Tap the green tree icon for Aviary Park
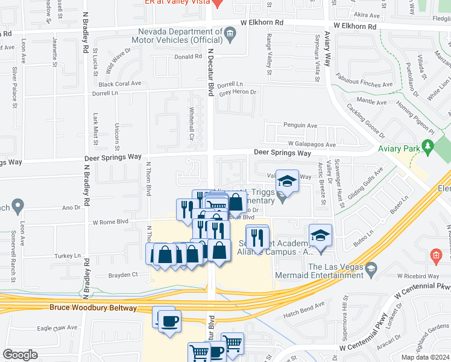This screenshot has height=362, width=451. tap(427, 145)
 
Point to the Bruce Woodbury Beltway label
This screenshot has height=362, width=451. tap(93, 308)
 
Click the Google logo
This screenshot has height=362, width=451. tap(20, 355)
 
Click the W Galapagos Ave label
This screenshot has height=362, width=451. tap(311, 145)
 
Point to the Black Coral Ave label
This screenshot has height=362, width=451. tap(119, 84)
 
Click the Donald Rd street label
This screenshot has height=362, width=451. tap(188, 57)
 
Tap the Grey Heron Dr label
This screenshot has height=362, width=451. tap(238, 92)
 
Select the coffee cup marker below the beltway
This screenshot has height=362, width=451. tap(169, 320)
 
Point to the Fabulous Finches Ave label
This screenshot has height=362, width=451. tap(364, 85)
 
